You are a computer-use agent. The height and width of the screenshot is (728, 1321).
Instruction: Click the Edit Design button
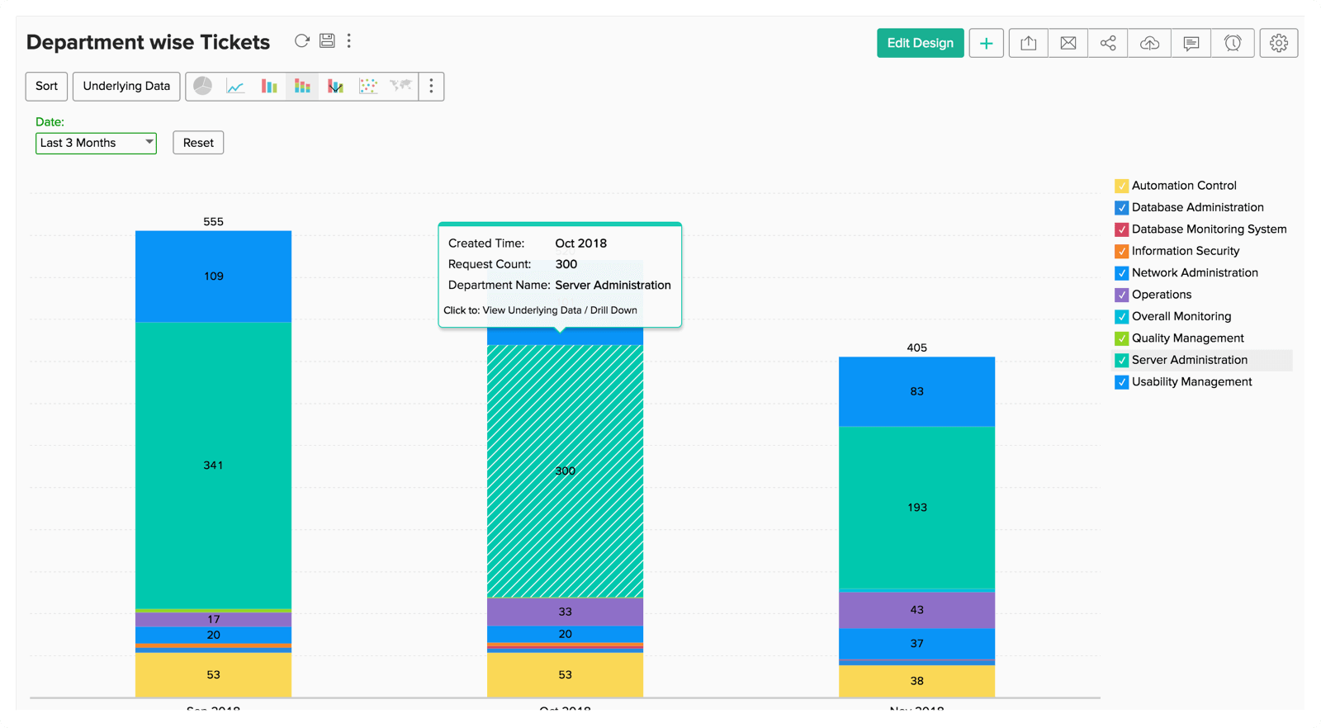pos(920,43)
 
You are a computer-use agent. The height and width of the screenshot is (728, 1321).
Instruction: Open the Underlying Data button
pos(126,86)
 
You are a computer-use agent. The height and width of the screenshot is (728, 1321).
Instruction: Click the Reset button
pos(198,143)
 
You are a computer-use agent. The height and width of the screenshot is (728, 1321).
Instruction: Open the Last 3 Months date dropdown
pos(96,143)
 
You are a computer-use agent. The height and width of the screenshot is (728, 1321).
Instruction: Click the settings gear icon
pos(1278,43)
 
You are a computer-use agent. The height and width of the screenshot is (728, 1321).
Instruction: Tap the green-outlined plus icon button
pos(986,43)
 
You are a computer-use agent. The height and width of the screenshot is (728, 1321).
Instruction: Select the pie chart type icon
pos(203,86)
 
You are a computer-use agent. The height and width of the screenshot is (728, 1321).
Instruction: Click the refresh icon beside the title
pos(302,40)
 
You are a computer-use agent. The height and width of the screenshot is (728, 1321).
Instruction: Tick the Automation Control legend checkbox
pos(1121,186)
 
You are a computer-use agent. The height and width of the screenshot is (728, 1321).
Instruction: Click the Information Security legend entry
pos(1185,251)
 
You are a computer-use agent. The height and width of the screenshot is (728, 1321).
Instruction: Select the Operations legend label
pos(1161,295)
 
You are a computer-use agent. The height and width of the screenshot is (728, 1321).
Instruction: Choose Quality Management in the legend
pos(1187,338)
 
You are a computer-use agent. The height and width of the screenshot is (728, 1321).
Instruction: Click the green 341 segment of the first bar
pos(213,466)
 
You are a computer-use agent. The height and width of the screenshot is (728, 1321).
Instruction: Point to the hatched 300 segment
pos(565,471)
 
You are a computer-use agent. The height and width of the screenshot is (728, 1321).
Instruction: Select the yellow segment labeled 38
pos(916,681)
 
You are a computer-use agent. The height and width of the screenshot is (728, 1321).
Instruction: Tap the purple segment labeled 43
pos(916,610)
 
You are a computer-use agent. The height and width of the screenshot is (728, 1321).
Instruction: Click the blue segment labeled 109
pos(213,277)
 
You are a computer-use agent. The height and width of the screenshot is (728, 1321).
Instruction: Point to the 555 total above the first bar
pos(213,222)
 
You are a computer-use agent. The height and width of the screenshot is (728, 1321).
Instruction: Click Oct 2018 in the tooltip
pos(580,243)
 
